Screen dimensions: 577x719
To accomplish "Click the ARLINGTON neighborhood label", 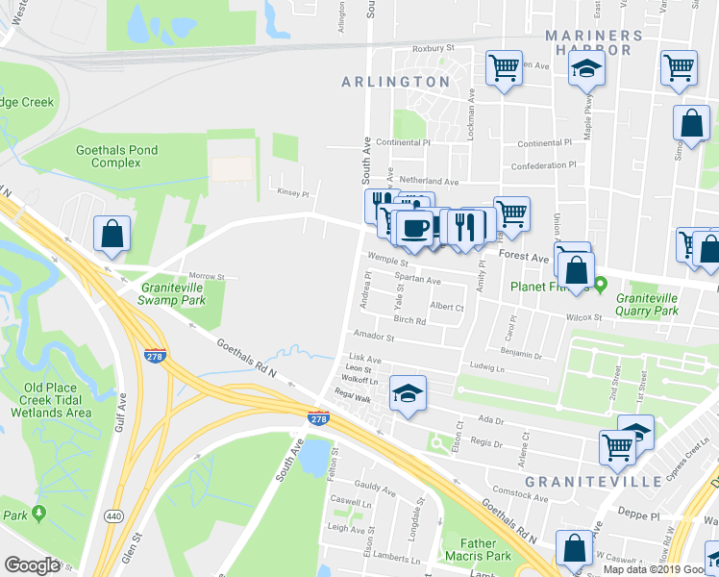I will (396, 82).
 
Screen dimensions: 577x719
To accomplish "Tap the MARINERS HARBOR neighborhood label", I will (593, 44).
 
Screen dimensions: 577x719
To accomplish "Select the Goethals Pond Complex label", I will (116, 156).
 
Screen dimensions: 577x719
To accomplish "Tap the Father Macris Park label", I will (478, 550).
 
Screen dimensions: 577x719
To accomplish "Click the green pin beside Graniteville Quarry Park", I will (601, 285).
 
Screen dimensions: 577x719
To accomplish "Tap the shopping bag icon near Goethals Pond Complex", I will (112, 233).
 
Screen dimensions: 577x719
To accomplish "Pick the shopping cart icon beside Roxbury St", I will (504, 68).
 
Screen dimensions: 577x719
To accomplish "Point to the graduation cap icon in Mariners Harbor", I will (585, 68).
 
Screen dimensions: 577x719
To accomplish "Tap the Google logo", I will (32, 565).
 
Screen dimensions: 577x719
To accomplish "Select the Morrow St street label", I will (207, 276).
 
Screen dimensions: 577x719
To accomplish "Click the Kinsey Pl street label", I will (288, 190).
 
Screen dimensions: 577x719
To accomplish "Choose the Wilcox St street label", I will (583, 315).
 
